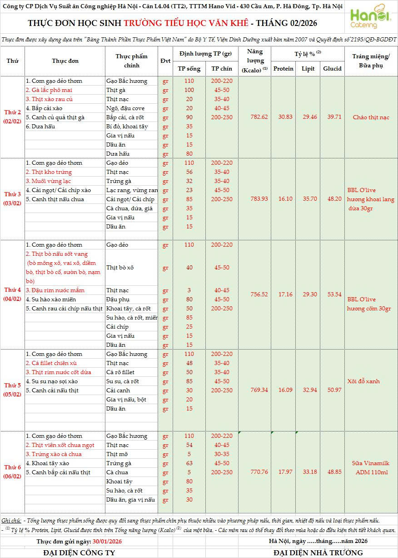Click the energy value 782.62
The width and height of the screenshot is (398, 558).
(x=259, y=117)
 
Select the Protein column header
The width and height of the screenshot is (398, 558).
(x=284, y=69)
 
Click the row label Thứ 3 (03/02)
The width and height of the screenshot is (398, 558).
(x=13, y=198)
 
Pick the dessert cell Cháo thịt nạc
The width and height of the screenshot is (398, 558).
(x=371, y=117)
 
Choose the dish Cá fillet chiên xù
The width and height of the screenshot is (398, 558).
(x=51, y=363)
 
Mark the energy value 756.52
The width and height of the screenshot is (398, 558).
(x=259, y=294)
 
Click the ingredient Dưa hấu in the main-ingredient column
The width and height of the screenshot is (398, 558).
(x=118, y=154)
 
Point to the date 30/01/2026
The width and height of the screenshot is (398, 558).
(x=107, y=541)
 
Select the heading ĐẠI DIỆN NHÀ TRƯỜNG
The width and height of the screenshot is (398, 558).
(x=318, y=553)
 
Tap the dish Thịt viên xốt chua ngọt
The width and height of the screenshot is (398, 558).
(x=60, y=445)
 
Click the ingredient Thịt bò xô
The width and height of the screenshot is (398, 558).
(x=120, y=267)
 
